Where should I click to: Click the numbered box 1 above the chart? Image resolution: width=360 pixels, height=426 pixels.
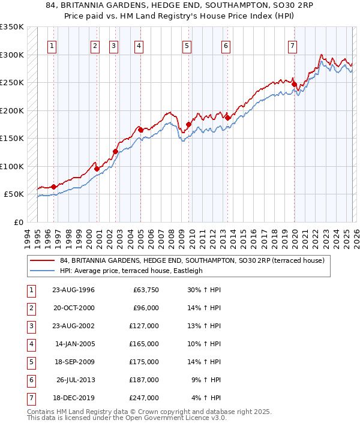52,46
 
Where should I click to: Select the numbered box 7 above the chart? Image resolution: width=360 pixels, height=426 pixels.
292,46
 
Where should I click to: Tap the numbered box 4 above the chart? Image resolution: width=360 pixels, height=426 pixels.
139,46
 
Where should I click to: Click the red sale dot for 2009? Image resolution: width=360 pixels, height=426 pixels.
188,125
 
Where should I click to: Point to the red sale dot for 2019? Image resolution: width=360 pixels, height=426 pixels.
294,85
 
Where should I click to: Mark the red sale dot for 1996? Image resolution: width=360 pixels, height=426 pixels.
53,187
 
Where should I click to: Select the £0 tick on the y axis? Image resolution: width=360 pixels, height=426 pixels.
18,222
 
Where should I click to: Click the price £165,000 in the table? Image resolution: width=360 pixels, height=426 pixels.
145,344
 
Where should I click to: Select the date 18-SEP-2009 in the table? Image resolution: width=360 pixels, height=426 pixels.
73,362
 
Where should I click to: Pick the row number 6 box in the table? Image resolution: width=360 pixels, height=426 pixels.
31,380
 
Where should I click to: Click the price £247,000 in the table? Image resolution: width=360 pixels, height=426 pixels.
145,398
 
